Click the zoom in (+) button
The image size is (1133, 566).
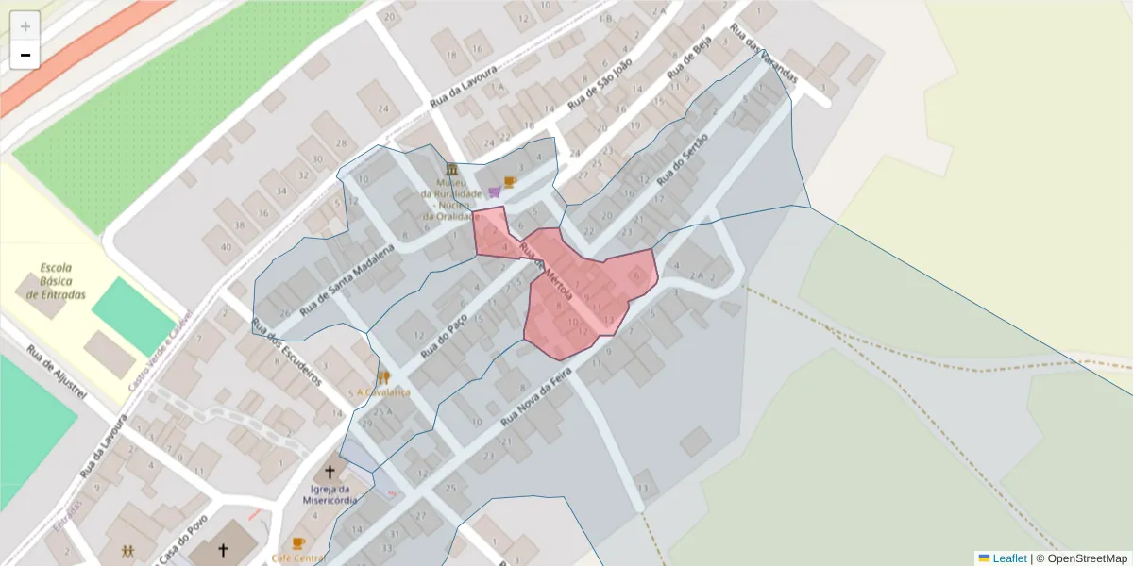click(25, 26)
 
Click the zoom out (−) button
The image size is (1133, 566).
click(25, 55)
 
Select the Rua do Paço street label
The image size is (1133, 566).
click(444, 335)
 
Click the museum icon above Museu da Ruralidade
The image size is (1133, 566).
click(452, 169)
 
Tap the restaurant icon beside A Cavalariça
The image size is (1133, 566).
click(382, 377)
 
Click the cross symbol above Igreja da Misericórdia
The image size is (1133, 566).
click(330, 472)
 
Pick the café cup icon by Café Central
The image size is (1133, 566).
click(298, 543)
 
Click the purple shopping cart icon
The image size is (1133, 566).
click(495, 191)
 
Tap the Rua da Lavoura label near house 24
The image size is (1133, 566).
click(463, 87)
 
